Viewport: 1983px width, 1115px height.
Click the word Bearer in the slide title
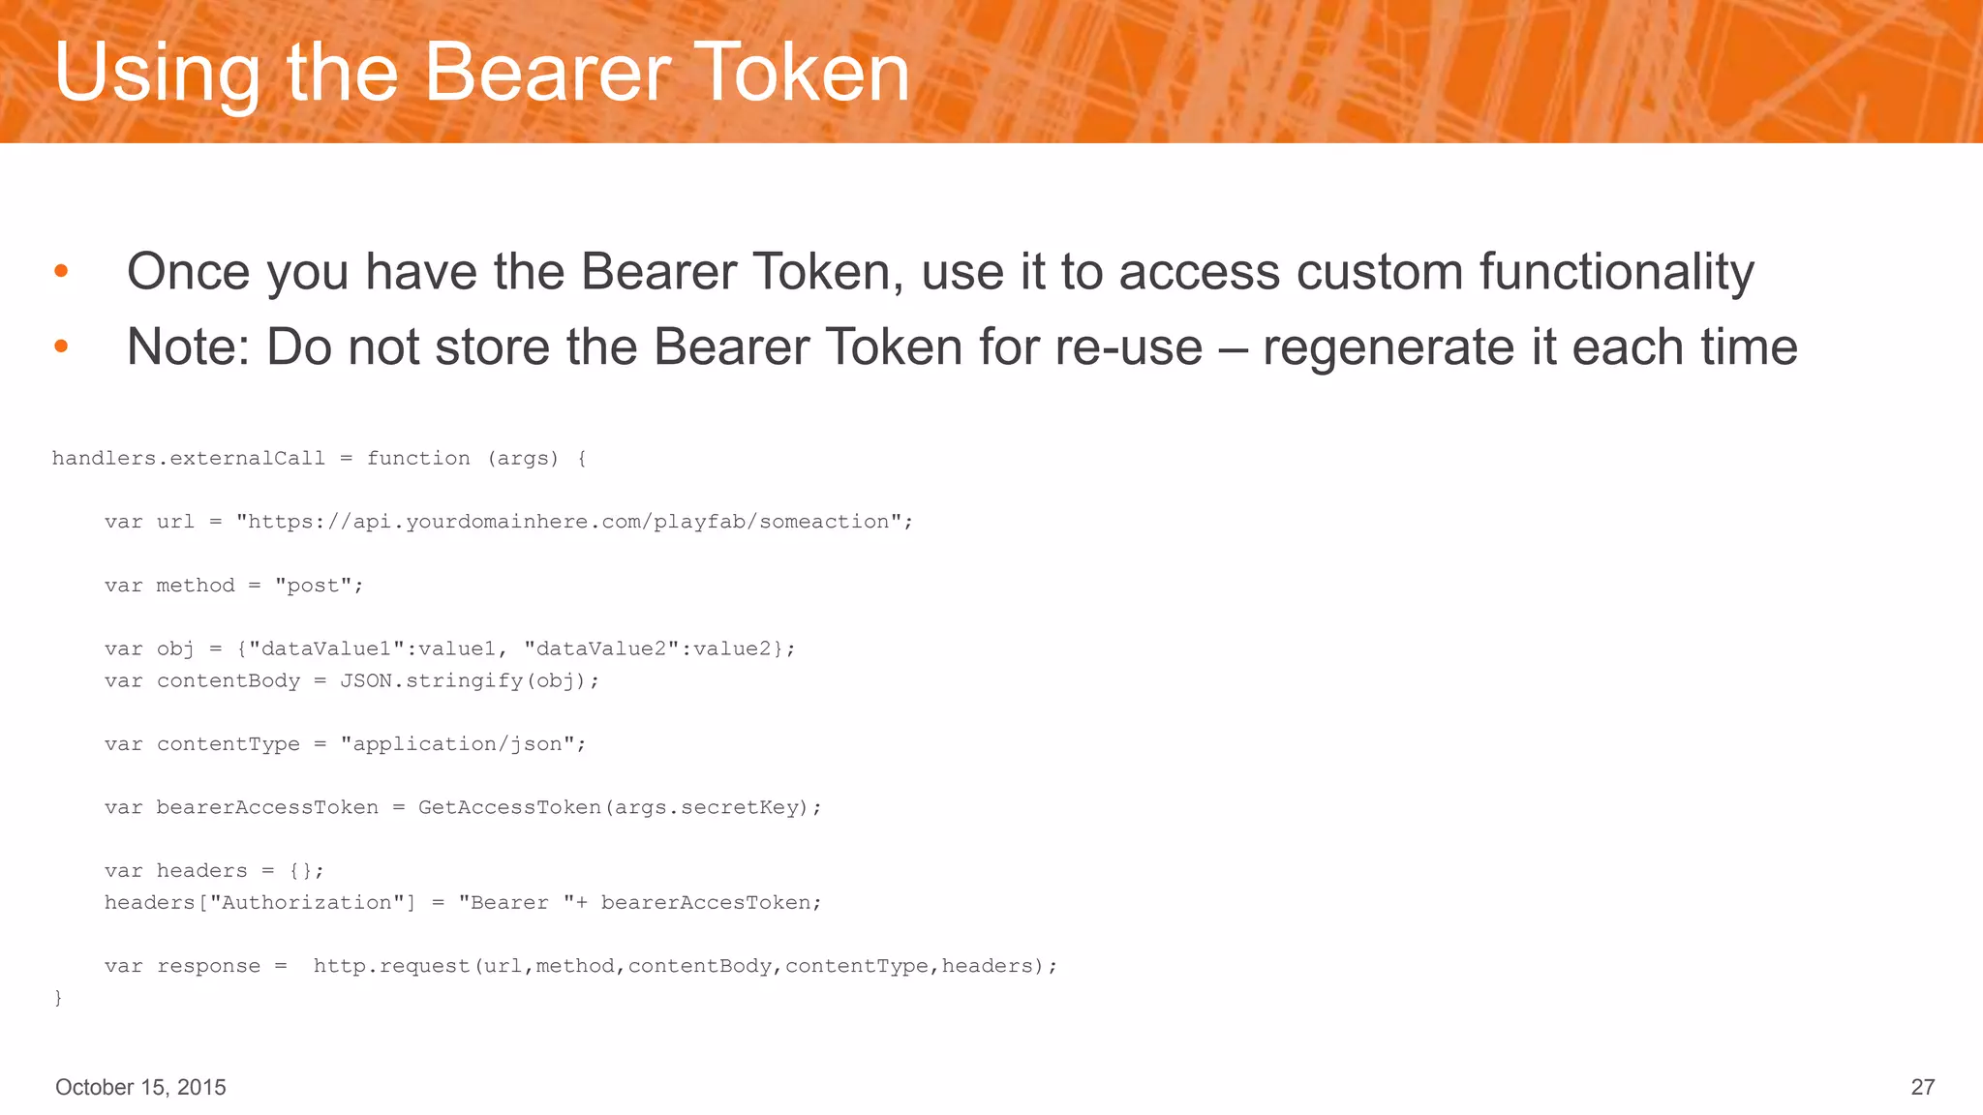[x=547, y=73]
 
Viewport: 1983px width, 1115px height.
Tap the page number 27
[x=1922, y=1087]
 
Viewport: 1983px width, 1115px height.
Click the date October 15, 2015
[x=140, y=1087]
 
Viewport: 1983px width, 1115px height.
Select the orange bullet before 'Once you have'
[x=61, y=271]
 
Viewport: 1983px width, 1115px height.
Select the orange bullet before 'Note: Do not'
[x=61, y=347]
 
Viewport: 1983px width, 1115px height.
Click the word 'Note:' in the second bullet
[x=189, y=347]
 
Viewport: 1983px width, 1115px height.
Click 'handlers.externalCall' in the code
[x=188, y=458]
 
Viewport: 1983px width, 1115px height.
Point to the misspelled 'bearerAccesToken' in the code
[x=705, y=902]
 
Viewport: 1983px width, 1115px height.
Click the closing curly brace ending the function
[x=58, y=997]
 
